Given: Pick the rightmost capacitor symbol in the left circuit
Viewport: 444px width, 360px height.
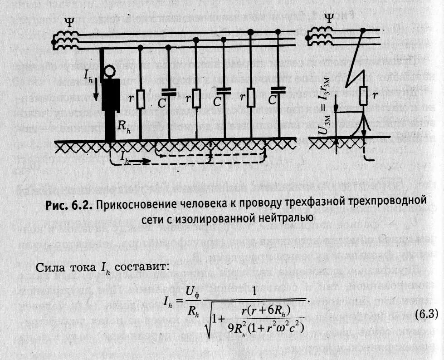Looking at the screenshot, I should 278,89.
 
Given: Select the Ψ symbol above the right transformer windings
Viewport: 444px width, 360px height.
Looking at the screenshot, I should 330,19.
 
